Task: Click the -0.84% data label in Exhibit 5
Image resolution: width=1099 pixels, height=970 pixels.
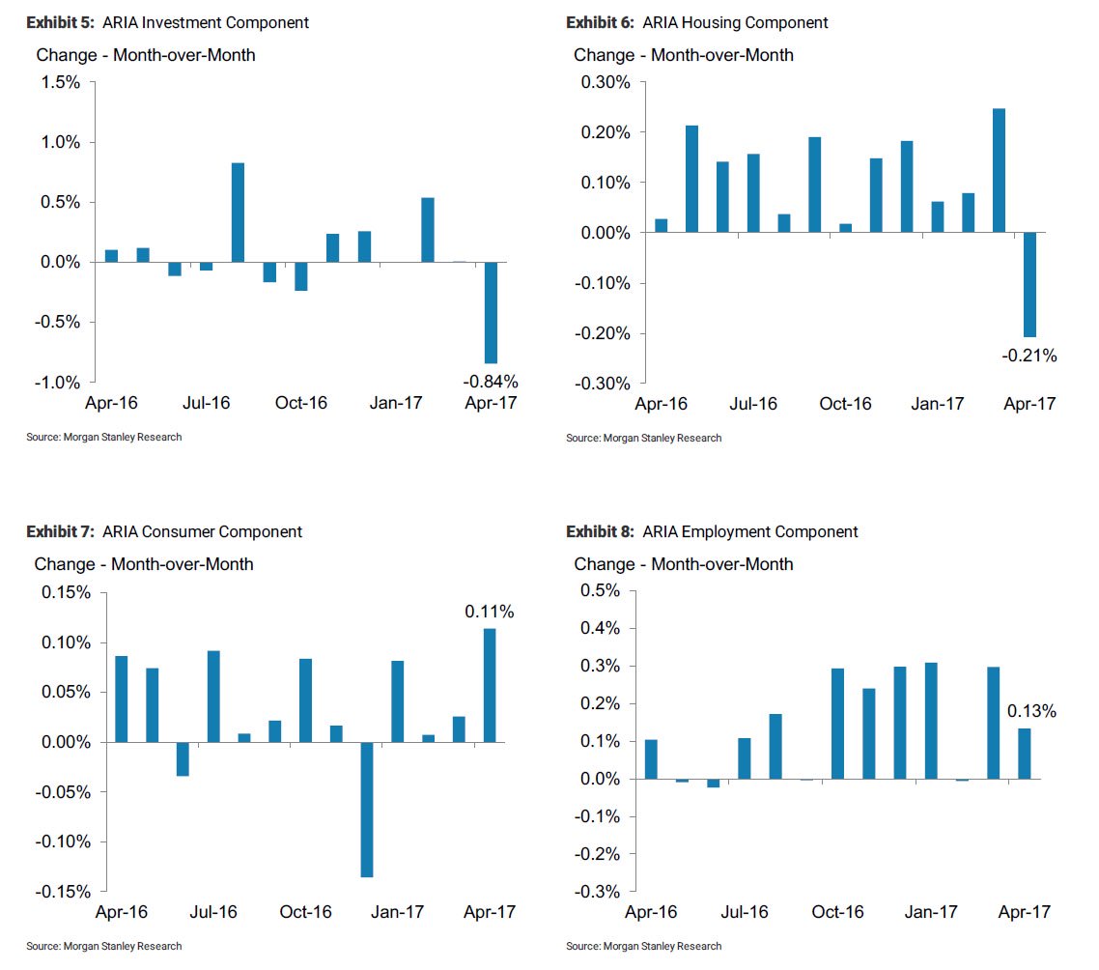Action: [491, 381]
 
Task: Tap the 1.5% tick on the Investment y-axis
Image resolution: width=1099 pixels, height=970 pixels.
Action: [61, 82]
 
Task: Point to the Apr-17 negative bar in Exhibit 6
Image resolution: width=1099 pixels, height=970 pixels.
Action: [1029, 284]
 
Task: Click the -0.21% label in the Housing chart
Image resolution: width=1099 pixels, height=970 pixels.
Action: [1029, 357]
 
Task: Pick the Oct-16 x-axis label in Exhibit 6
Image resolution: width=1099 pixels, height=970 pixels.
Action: [845, 404]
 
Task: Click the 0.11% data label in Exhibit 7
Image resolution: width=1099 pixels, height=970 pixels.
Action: [490, 612]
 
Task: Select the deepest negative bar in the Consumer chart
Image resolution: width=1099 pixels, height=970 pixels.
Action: [367, 810]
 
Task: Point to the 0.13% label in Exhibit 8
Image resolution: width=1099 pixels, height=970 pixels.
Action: [1031, 711]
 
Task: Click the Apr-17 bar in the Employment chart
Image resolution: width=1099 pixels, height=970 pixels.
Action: [1024, 754]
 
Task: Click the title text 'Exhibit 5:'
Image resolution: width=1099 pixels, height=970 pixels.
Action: [59, 22]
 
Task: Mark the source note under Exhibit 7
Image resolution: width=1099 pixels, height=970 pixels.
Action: [103, 946]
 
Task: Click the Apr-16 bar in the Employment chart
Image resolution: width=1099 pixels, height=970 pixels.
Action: [651, 759]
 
